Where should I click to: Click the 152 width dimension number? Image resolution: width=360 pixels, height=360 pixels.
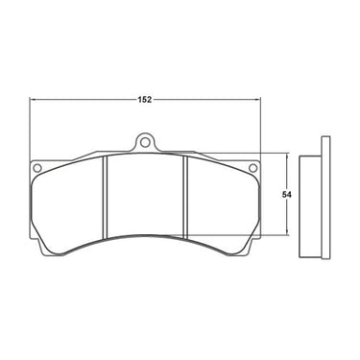(x=144, y=100)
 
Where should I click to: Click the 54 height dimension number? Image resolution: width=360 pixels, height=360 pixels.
(x=286, y=195)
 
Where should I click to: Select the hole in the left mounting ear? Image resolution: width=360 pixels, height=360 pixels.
(x=37, y=167)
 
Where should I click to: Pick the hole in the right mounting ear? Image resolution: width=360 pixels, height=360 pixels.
(x=252, y=167)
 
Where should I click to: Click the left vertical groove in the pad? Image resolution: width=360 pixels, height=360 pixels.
(x=105, y=198)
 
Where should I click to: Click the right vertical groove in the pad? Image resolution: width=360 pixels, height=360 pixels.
(x=185, y=198)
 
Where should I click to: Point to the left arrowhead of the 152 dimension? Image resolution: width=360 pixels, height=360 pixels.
(x=33, y=100)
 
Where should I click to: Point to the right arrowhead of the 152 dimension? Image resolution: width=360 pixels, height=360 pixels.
(x=258, y=100)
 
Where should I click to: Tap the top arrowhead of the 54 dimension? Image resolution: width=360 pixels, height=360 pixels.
(x=287, y=156)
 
